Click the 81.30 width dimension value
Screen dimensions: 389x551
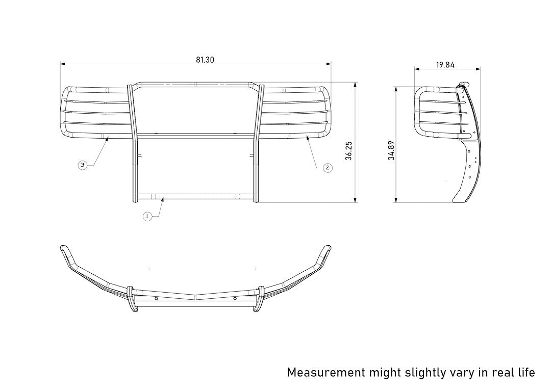(205, 60)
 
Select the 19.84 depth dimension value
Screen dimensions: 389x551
(445, 65)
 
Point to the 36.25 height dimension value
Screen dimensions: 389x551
(349, 151)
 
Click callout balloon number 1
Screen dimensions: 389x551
(147, 216)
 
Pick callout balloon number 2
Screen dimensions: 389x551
(328, 167)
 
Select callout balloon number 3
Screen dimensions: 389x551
(83, 165)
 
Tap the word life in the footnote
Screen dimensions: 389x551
(524, 372)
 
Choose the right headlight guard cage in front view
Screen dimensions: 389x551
(296, 113)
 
